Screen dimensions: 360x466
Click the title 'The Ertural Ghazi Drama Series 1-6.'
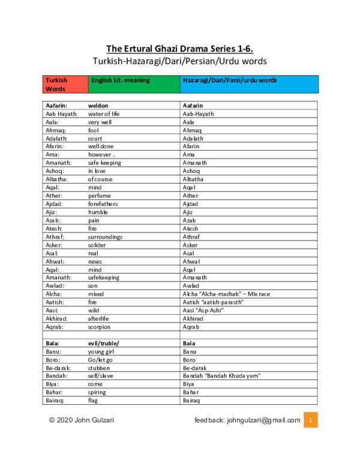click(x=184, y=49)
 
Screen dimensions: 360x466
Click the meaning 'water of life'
click(x=104, y=113)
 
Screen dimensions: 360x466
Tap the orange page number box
click(x=310, y=420)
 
